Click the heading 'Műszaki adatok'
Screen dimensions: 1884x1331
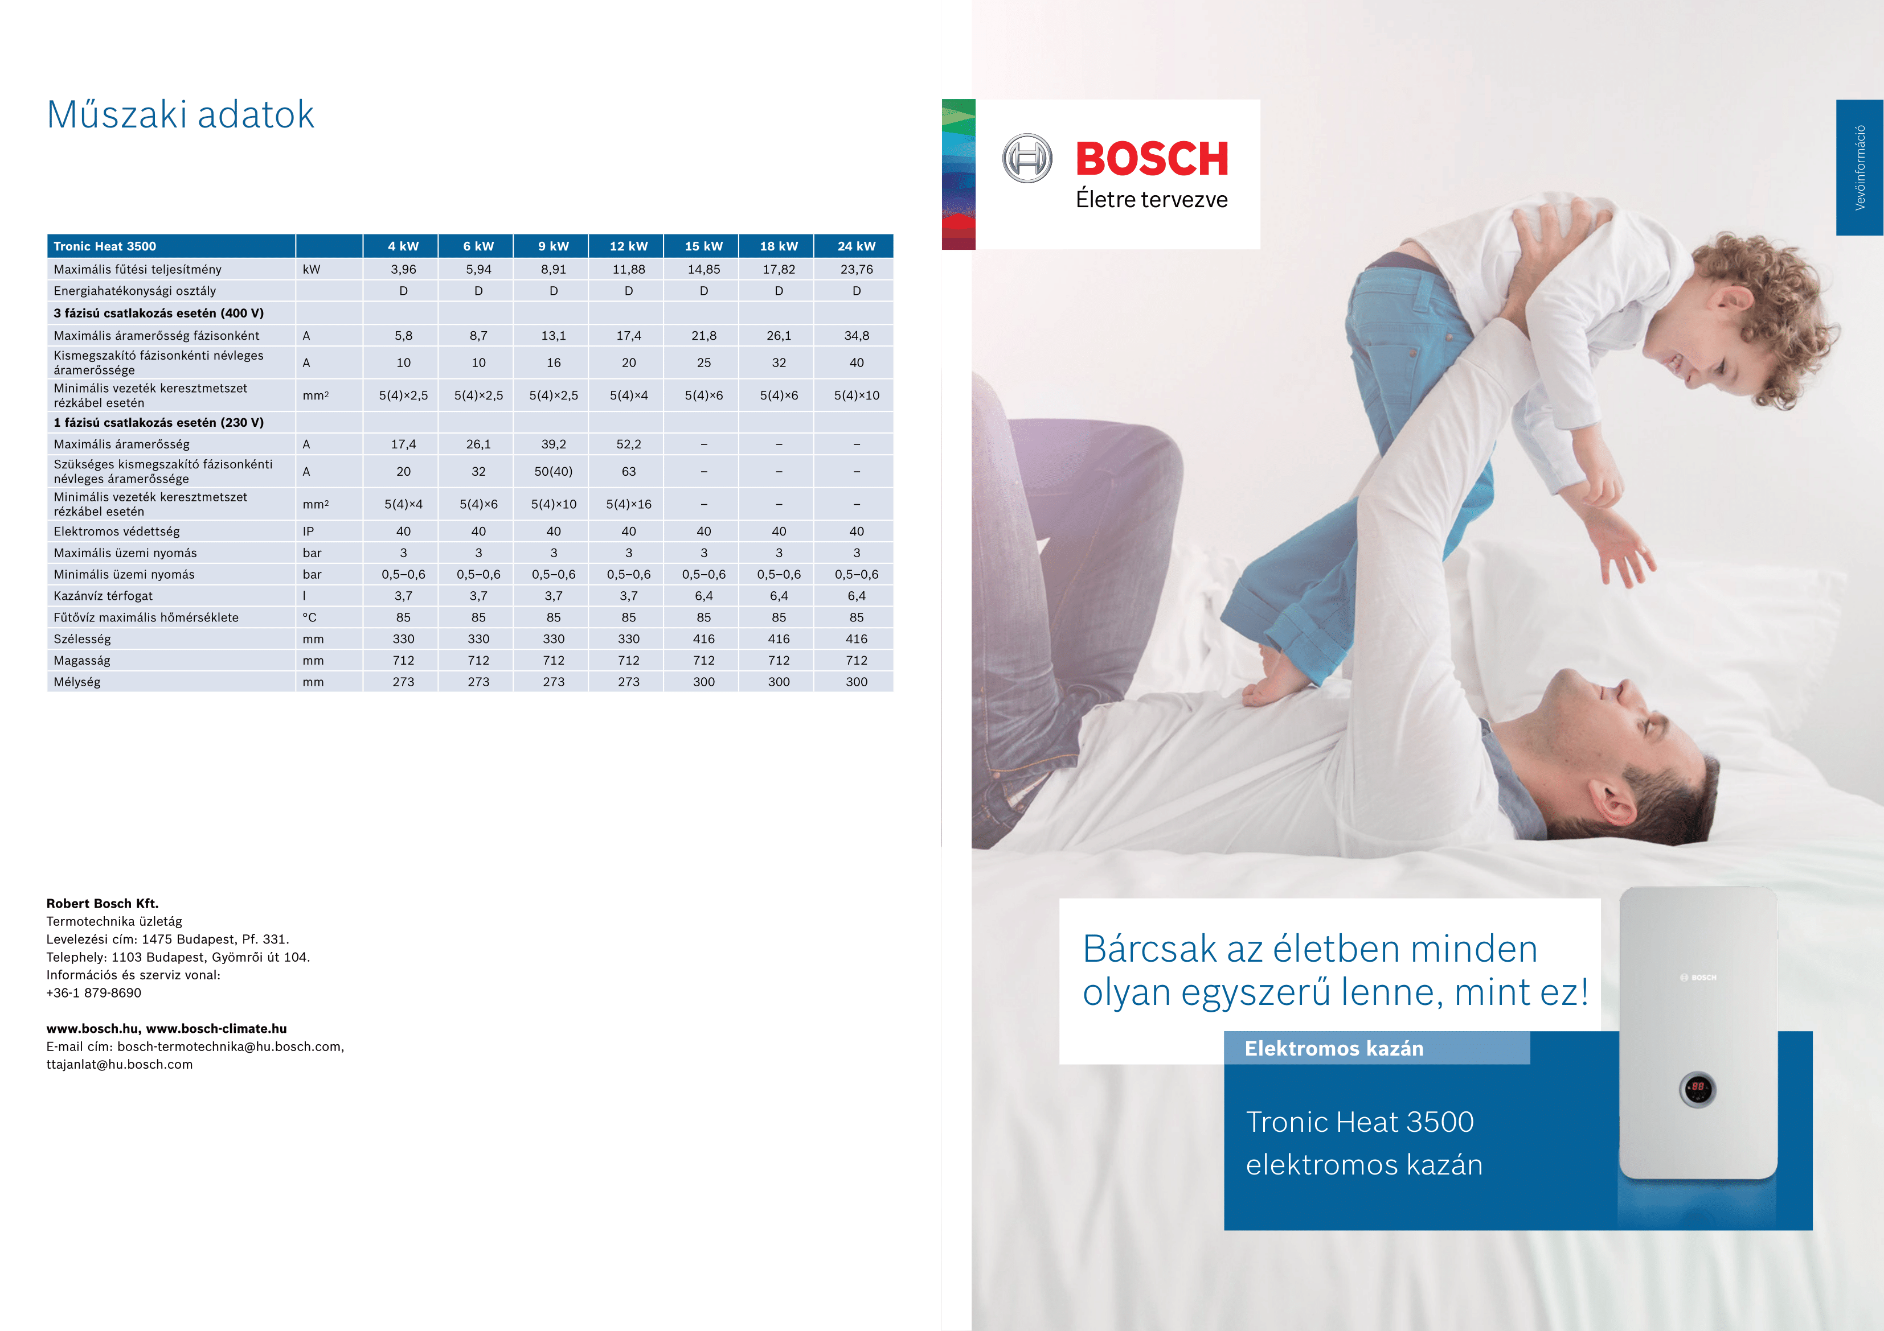tap(181, 115)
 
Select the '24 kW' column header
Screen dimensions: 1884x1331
tap(856, 246)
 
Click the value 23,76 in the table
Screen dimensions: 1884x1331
tap(856, 269)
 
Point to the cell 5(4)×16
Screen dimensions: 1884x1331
tap(629, 504)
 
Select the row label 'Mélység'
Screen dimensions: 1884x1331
tap(77, 682)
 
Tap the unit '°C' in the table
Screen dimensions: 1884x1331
tap(309, 617)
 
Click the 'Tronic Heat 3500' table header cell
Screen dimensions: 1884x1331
tap(105, 246)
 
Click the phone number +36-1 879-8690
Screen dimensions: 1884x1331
tap(93, 992)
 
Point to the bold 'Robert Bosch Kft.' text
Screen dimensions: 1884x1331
tap(103, 904)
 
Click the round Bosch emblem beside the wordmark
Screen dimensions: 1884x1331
tap(1027, 158)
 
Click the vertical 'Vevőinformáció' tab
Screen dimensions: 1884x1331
tap(1860, 167)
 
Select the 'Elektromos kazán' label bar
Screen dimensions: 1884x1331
tap(1377, 1048)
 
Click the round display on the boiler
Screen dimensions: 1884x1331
tap(1698, 1088)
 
